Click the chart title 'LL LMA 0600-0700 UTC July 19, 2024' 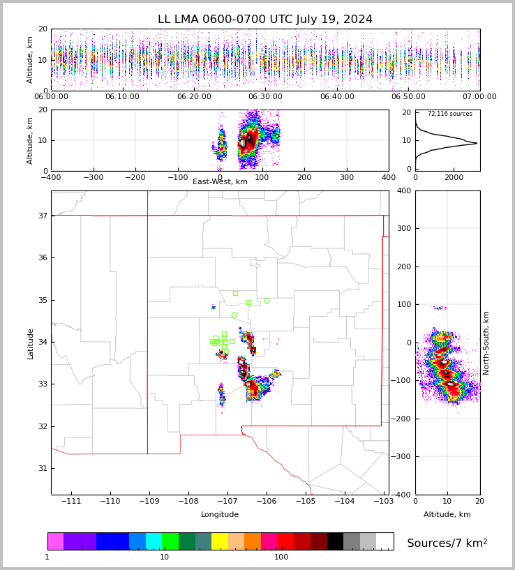pos(265,20)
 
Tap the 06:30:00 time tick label pos(265,97)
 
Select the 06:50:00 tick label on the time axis pos(408,97)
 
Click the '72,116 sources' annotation pos(449,114)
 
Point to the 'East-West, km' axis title pos(220,182)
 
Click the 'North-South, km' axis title pos(486,343)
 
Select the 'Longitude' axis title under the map pos(220,515)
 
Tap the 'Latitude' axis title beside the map pos(31,343)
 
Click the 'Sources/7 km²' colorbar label pos(447,543)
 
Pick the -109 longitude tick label pos(147,502)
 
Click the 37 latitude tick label pos(42,216)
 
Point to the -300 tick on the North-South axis pos(403,457)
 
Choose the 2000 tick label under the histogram pos(454,178)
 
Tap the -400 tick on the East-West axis pos(51,178)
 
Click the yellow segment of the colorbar pos(220,541)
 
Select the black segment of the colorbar pos(335,541)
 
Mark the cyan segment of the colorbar pos(154,541)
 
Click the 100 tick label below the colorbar pos(281,557)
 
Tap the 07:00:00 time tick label pos(479,97)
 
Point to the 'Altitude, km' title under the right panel pos(447,515)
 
